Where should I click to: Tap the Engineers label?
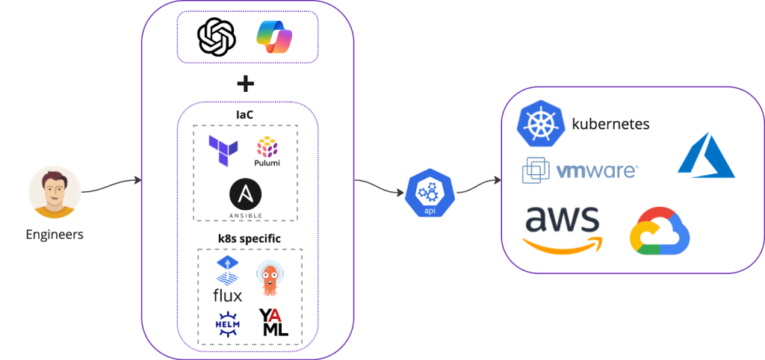click(x=55, y=235)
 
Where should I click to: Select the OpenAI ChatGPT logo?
click(x=216, y=37)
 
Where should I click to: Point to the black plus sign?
click(x=245, y=84)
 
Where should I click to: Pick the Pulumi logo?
click(x=267, y=152)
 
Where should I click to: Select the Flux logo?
click(x=227, y=279)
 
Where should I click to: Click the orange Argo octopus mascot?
click(x=270, y=279)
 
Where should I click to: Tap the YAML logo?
click(x=273, y=323)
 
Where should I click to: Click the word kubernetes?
click(x=610, y=124)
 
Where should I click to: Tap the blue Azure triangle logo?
click(x=705, y=155)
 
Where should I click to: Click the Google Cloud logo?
click(x=660, y=231)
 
